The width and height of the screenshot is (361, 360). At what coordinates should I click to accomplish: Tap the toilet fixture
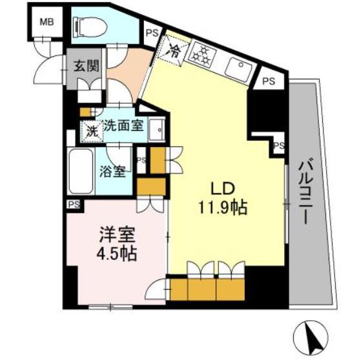tap(90, 26)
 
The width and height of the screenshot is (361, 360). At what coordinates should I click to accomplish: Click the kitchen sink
tap(238, 68)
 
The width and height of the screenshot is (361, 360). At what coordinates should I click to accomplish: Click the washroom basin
tap(156, 132)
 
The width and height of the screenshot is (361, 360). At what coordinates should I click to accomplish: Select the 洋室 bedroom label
tap(114, 234)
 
